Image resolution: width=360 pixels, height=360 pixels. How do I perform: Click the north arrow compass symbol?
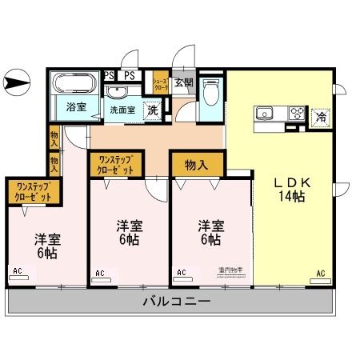pyautogui.click(x=16, y=81)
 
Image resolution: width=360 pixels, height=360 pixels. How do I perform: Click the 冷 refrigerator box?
pyautogui.click(x=319, y=115)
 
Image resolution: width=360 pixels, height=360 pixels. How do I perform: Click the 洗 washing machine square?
pyautogui.click(x=152, y=111)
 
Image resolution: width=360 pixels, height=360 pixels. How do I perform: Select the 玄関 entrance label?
pyautogui.click(x=183, y=82)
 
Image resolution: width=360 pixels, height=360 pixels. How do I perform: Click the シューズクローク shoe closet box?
pyautogui.click(x=161, y=82)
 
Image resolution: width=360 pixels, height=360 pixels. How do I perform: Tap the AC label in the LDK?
pyautogui.click(x=320, y=274)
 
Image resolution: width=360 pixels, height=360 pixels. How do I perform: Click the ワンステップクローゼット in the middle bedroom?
pyautogui.click(x=116, y=165)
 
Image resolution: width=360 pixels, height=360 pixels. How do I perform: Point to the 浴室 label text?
pyautogui.click(x=76, y=106)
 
